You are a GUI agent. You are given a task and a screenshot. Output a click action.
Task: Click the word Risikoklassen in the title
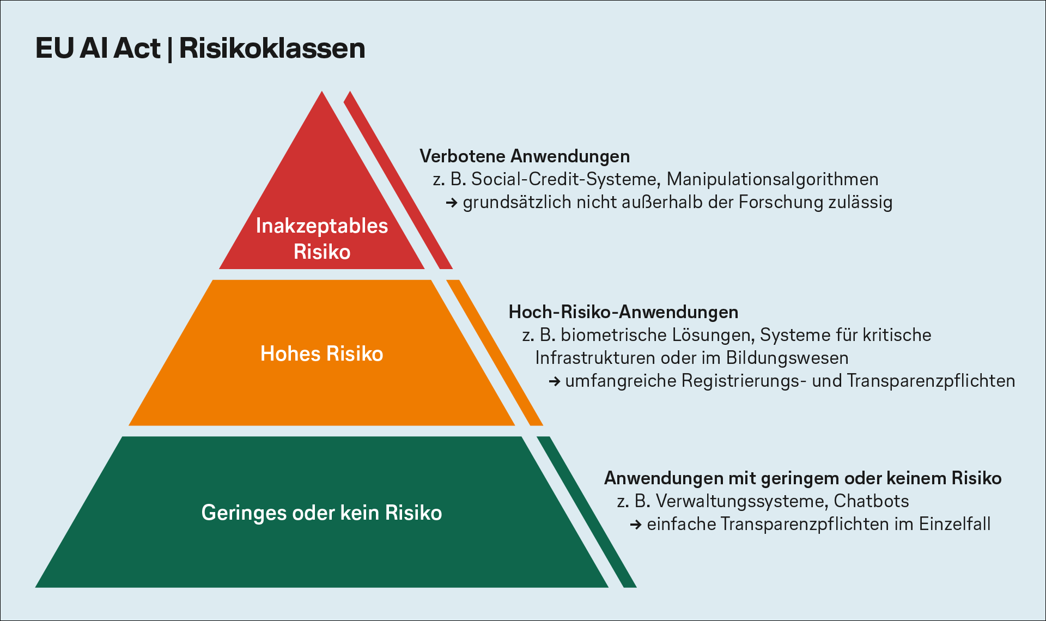click(272, 48)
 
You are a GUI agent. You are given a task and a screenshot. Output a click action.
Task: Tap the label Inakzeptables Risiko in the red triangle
click(322, 239)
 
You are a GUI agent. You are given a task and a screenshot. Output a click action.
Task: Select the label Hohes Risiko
click(322, 354)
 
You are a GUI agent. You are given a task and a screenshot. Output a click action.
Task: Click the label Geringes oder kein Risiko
click(322, 513)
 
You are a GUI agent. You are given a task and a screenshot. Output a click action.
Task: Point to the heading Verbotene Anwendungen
click(525, 156)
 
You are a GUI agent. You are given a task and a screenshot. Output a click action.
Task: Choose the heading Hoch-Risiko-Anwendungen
click(623, 312)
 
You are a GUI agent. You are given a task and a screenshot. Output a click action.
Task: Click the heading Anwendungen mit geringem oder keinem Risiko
click(803, 478)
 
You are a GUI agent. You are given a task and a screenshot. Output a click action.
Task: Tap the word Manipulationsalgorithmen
click(773, 179)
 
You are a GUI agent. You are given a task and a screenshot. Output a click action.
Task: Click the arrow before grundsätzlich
click(452, 203)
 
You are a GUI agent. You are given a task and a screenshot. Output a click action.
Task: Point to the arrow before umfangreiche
click(555, 381)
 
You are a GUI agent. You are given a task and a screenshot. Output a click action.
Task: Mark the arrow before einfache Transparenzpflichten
click(636, 525)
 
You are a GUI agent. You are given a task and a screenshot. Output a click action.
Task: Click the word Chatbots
click(871, 501)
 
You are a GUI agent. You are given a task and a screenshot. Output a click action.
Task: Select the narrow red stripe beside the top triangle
click(398, 180)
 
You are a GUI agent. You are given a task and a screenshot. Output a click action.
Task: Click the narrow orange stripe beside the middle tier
click(495, 352)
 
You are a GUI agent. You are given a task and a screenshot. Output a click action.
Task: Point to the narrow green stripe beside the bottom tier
click(587, 512)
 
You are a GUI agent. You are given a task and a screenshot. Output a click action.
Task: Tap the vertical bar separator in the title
click(170, 49)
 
